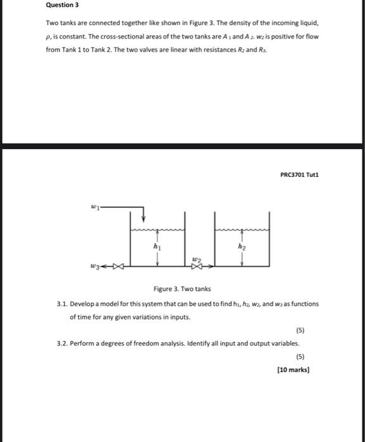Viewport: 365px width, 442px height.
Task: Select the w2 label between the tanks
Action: click(197, 260)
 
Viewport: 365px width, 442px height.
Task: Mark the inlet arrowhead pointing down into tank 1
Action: click(144, 218)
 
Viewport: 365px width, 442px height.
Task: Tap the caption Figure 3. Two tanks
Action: click(183, 289)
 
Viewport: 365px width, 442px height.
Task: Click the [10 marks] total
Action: click(294, 370)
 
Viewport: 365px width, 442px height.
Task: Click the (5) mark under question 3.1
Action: click(300, 330)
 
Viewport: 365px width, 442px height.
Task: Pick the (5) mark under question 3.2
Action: click(300, 357)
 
